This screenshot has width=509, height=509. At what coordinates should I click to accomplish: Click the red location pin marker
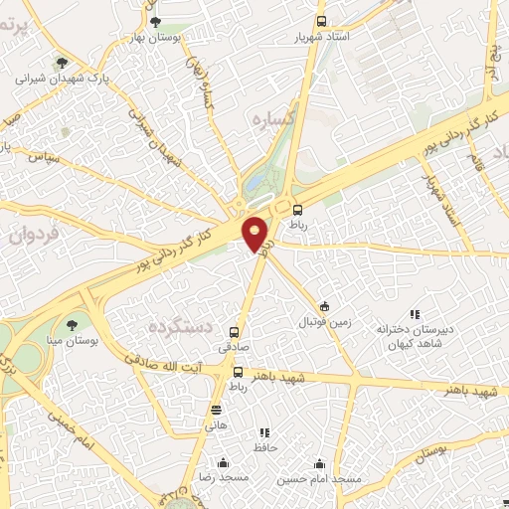click(256, 234)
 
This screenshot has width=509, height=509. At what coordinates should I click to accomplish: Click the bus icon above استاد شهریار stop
click(320, 21)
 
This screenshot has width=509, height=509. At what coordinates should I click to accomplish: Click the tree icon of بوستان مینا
click(72, 324)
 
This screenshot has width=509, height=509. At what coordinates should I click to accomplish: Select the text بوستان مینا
click(72, 341)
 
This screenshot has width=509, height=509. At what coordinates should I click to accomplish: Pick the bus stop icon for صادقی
click(235, 332)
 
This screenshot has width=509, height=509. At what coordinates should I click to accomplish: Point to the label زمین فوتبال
click(325, 324)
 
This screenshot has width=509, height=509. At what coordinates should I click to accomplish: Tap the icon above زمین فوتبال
click(325, 307)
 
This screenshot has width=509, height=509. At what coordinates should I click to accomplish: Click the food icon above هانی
click(216, 410)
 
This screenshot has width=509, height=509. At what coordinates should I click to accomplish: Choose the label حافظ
click(263, 448)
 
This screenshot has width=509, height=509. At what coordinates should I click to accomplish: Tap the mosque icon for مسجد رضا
click(223, 462)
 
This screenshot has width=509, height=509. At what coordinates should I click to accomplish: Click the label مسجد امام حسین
click(320, 479)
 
